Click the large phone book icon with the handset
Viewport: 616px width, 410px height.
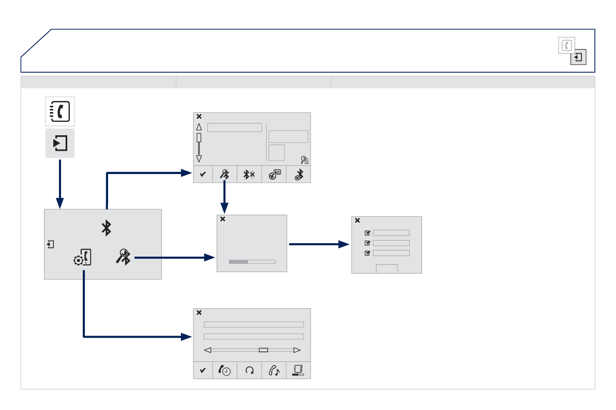pyautogui.click(x=60, y=111)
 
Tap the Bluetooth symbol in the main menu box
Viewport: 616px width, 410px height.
pyautogui.click(x=106, y=228)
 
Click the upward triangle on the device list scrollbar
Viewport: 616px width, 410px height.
pyautogui.click(x=199, y=127)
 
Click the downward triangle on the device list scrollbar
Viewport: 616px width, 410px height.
pyautogui.click(x=199, y=159)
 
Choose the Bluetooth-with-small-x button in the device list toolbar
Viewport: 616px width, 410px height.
pyautogui.click(x=249, y=175)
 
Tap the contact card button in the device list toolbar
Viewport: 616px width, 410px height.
pyautogui.click(x=274, y=175)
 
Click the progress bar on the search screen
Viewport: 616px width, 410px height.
pyautogui.click(x=252, y=261)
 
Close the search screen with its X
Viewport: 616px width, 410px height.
pyautogui.click(x=223, y=219)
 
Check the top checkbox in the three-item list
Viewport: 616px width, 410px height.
pyautogui.click(x=368, y=233)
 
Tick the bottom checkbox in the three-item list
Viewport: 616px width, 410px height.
pyautogui.click(x=368, y=253)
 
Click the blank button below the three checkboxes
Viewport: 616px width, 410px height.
pyautogui.click(x=386, y=269)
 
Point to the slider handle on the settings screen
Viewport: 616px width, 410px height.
pyautogui.click(x=263, y=350)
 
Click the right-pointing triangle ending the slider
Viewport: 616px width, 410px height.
pyautogui.click(x=297, y=350)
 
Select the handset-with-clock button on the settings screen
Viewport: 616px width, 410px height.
pyautogui.click(x=225, y=370)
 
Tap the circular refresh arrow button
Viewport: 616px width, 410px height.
pyautogui.click(x=249, y=370)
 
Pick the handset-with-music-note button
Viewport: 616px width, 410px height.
pyautogui.click(x=274, y=370)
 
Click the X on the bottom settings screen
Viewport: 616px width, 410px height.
pyautogui.click(x=199, y=312)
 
